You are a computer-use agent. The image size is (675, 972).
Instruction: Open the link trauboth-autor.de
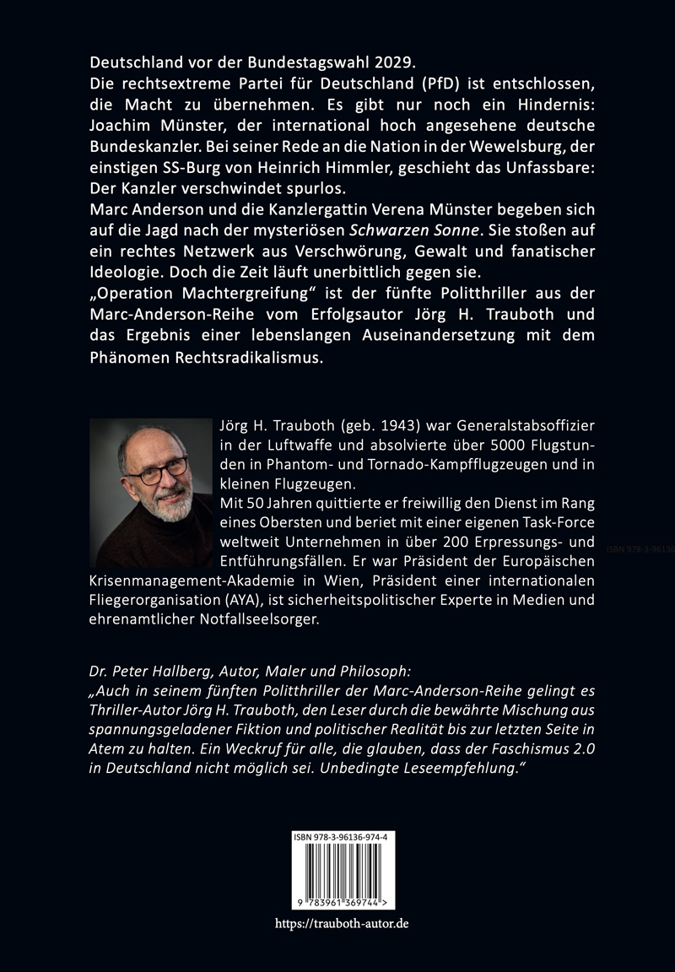point(342,924)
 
